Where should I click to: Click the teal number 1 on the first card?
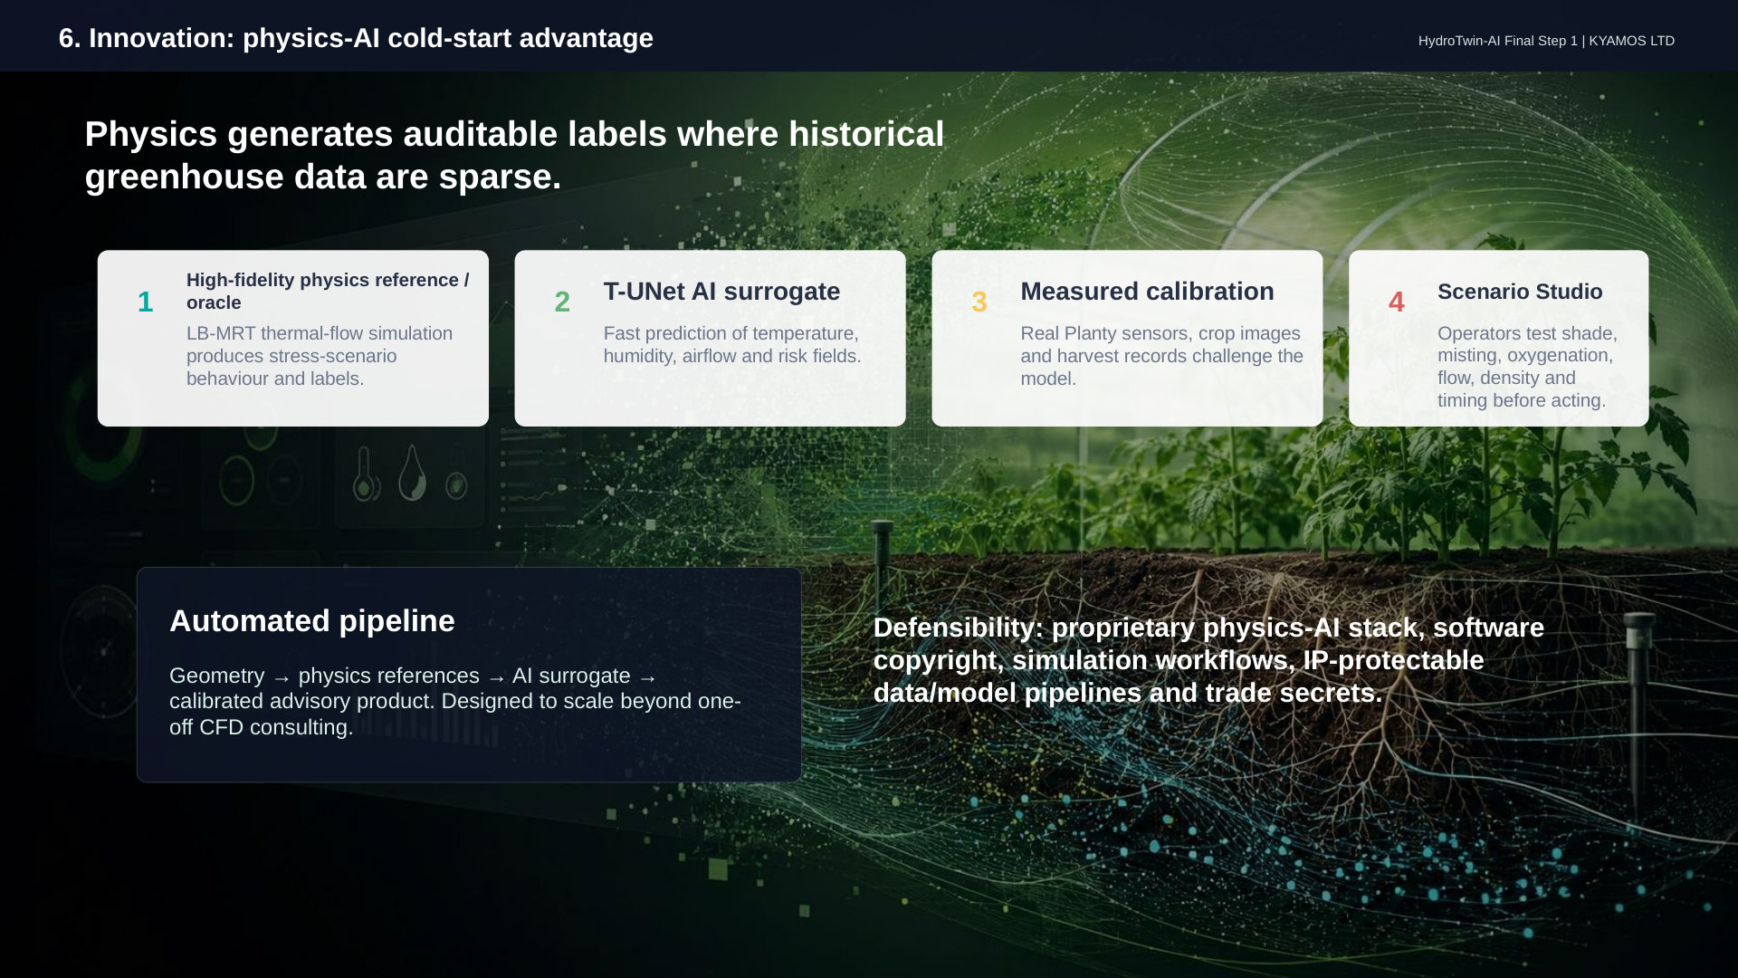point(145,302)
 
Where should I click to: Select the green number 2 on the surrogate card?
point(562,302)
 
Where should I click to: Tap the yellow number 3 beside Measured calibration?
point(979,302)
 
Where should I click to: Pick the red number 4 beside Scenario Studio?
point(1397,302)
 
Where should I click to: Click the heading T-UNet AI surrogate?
point(721,292)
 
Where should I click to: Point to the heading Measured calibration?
point(1147,292)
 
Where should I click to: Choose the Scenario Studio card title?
point(1520,292)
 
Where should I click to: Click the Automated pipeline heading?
point(312,621)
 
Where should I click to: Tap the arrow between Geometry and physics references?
point(282,678)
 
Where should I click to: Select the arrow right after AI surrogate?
point(647,678)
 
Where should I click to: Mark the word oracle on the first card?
point(214,302)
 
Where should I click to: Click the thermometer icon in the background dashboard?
point(364,473)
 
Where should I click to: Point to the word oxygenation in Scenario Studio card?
point(1560,356)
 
